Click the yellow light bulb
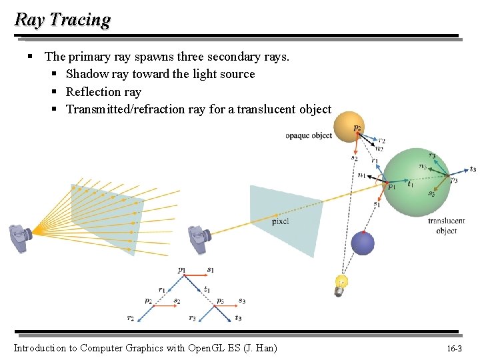pos(341,283)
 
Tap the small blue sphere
pos(363,243)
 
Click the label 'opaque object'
pos(309,135)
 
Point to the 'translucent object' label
pos(446,225)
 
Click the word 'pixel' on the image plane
pos(280,221)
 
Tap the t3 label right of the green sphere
pos(472,169)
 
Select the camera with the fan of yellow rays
pos(20,237)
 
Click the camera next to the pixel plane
pos(198,238)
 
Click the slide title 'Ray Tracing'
pos(62,19)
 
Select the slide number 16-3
pos(454,349)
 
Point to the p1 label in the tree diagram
pos(182,270)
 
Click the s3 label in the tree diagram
pos(241,301)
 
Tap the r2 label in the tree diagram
pos(131,319)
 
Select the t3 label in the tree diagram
pos(238,319)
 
